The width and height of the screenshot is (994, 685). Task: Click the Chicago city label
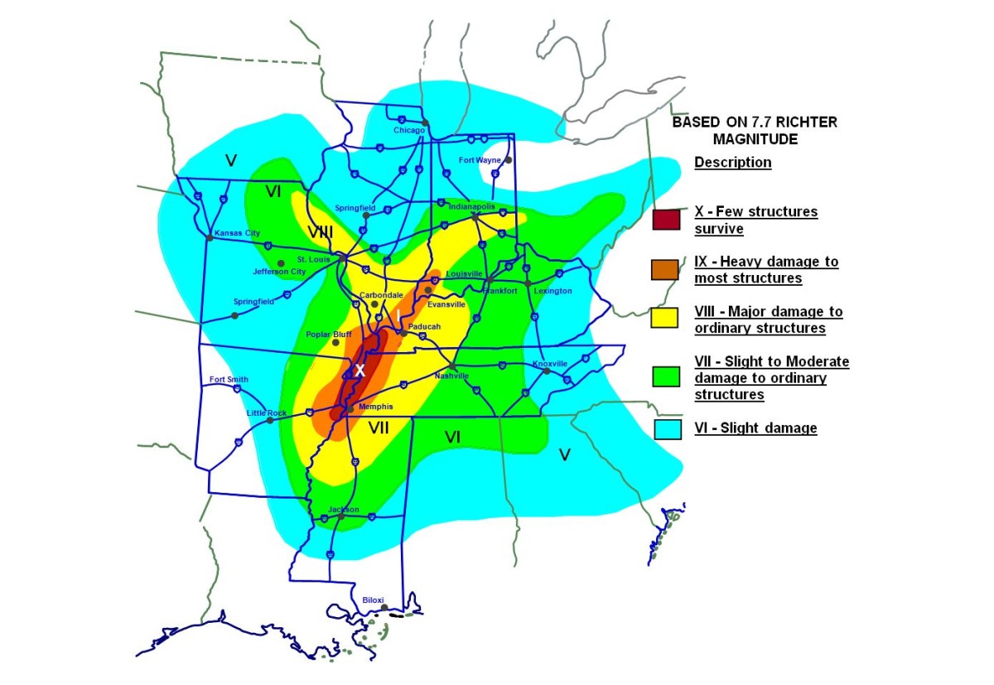[x=409, y=131]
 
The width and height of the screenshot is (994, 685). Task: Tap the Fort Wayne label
[x=480, y=160]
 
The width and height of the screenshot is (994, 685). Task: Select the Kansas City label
[x=238, y=234]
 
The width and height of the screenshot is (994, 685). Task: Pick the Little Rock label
[x=267, y=412]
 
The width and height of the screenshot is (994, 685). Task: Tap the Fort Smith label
[x=228, y=379]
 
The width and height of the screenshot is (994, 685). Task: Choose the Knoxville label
[x=550, y=364]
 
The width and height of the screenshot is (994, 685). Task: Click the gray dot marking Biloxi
[x=384, y=608]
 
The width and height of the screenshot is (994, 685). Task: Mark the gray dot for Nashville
[x=452, y=367]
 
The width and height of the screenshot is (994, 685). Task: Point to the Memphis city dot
[x=350, y=408]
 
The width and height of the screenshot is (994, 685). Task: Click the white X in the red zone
[x=359, y=370]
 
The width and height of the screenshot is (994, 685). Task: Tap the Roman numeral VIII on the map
[x=320, y=232]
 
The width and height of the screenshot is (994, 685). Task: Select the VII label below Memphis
[x=379, y=427]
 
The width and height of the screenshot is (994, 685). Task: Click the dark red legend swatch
[x=666, y=219]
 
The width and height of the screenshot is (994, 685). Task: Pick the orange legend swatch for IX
[x=666, y=270]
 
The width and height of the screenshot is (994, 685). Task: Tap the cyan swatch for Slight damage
[x=666, y=429]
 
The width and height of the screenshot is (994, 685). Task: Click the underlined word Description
[x=732, y=162]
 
